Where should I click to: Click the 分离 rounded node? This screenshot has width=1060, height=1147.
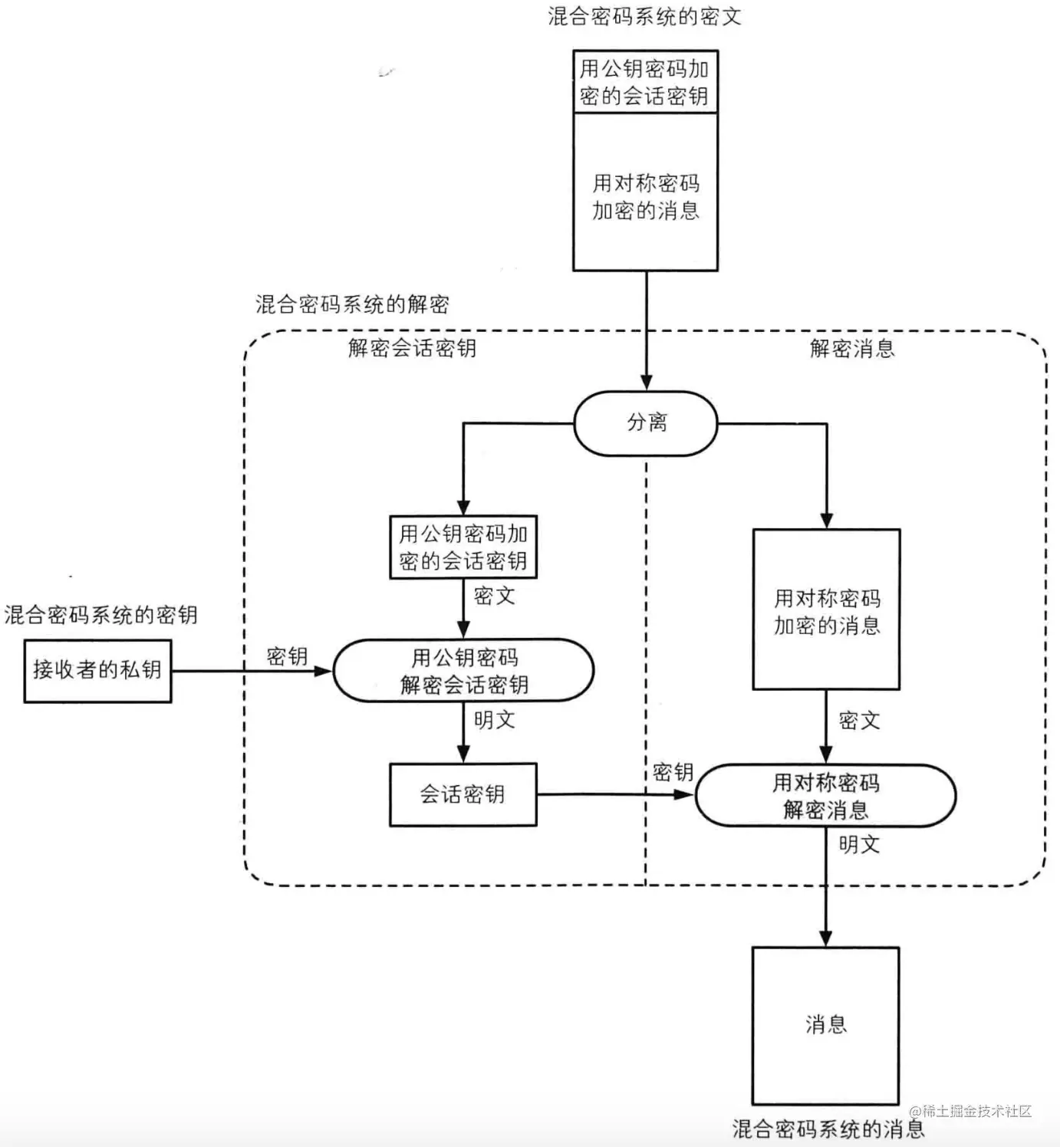point(646,423)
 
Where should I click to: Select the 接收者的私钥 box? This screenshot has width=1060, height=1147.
point(97,671)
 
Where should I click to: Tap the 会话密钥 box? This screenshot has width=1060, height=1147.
point(463,795)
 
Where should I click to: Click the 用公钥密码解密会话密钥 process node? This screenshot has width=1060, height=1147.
point(463,671)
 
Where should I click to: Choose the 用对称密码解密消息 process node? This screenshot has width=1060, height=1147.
point(825,796)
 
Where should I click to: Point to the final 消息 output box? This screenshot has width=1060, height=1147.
point(825,1025)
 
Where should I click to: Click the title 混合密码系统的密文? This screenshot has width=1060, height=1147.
point(644,16)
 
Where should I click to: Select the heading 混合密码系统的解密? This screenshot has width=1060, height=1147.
point(352,304)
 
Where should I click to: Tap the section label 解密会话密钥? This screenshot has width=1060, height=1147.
point(412,347)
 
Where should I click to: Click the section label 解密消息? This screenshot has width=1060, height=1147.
point(852,348)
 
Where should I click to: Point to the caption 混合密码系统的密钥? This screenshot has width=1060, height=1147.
point(101,614)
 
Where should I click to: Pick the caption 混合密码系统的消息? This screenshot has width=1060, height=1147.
point(828,1129)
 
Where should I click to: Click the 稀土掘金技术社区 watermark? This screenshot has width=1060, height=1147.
point(970,1111)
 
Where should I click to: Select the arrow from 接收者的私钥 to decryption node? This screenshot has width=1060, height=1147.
point(252,671)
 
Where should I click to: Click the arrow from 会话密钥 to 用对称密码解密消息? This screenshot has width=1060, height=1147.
point(616,795)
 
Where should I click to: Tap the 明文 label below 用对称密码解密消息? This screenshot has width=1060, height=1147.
point(859,844)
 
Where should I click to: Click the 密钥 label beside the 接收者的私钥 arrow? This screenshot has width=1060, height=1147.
point(287,656)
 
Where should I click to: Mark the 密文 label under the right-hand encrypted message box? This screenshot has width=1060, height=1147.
point(859,720)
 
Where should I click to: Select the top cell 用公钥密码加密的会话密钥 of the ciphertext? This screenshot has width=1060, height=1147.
point(645,81)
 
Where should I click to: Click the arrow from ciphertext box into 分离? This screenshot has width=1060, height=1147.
point(646,331)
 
